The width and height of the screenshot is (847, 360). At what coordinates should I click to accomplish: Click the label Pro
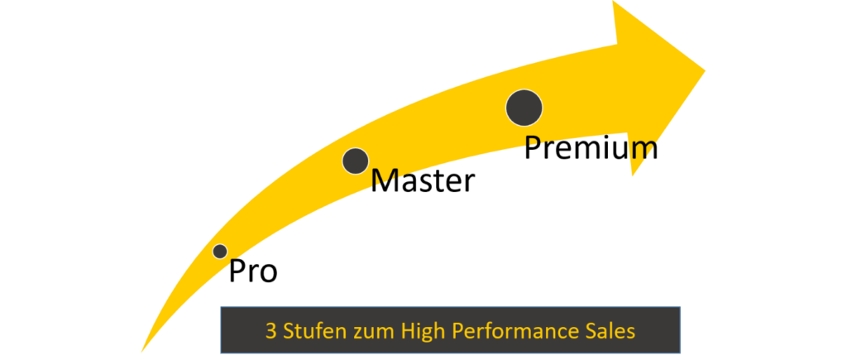(x=253, y=271)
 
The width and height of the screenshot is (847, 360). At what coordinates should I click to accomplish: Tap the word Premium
(x=591, y=147)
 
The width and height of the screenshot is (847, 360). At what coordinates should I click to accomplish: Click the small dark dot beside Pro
(x=220, y=252)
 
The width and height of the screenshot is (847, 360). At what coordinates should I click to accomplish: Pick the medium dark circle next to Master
(x=356, y=161)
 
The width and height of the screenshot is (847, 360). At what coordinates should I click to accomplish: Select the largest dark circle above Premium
(x=524, y=108)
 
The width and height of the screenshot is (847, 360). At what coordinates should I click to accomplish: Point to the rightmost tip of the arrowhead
(x=705, y=71)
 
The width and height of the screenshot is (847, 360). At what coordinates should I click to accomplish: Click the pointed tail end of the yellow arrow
(x=141, y=352)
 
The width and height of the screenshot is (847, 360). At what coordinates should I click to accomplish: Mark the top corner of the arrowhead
(x=613, y=1)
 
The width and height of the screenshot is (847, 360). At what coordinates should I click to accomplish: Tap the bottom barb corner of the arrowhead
(x=633, y=175)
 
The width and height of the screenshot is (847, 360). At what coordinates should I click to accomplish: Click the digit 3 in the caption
(x=270, y=331)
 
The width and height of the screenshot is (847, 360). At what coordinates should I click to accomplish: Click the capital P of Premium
(x=533, y=147)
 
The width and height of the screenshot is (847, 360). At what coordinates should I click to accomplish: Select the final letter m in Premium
(x=646, y=151)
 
